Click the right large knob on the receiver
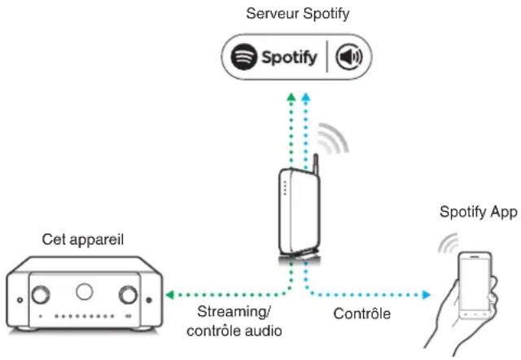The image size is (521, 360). [129, 293]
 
